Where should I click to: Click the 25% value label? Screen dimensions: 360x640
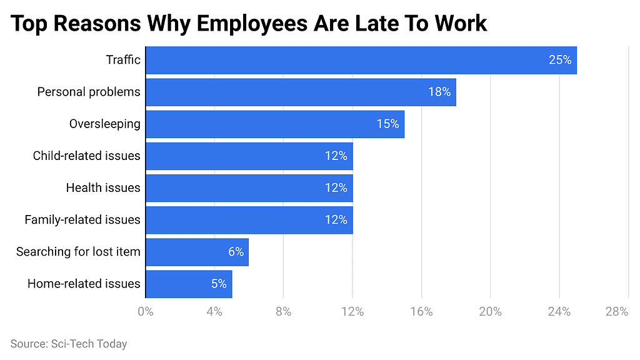pos(559,60)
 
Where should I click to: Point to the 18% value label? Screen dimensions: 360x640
pos(439,92)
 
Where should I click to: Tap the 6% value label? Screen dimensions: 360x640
pos(235,251)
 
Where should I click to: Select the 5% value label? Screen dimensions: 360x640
pos(218,283)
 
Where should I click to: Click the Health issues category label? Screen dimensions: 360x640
pos(103,187)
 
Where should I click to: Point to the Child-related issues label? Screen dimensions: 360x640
pos(86,156)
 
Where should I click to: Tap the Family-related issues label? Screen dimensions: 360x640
pos(82,219)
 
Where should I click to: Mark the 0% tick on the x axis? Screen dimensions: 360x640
pos(145,311)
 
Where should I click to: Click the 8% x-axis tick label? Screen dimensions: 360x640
pos(283,311)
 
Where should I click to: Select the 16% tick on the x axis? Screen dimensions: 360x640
pos(421,311)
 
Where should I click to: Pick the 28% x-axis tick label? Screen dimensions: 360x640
pos(616,311)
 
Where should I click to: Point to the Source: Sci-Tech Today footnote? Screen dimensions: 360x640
pos(69,344)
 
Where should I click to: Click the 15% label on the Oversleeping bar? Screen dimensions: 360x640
pos(387,124)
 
